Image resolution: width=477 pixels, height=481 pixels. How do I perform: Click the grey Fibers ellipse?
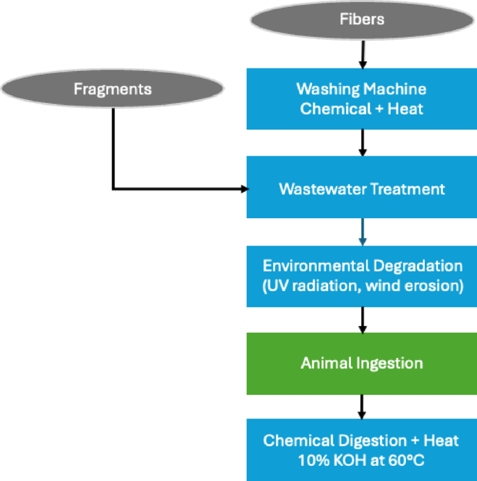(x=361, y=20)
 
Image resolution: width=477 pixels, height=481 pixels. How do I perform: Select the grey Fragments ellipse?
(x=113, y=90)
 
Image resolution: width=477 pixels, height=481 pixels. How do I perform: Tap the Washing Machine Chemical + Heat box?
(x=361, y=99)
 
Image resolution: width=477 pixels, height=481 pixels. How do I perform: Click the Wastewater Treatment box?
(x=361, y=188)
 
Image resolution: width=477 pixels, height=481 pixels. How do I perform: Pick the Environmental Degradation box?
(x=361, y=276)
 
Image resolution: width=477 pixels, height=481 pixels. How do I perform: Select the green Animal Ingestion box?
(x=361, y=363)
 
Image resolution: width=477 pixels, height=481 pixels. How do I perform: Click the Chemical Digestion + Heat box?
(x=361, y=450)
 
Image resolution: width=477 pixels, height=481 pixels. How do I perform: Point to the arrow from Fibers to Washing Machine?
(x=361, y=54)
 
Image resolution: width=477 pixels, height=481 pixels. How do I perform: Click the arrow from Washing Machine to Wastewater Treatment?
(x=361, y=142)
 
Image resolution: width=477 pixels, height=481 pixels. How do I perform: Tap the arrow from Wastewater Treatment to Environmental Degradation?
(x=361, y=231)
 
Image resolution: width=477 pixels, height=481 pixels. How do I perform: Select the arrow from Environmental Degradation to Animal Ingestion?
(x=361, y=319)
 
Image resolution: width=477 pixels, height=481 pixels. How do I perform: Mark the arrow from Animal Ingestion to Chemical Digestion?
(x=361, y=407)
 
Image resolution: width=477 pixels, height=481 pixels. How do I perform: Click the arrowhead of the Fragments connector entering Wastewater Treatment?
(x=244, y=188)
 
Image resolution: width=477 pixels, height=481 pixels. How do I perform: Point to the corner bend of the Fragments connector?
(x=113, y=188)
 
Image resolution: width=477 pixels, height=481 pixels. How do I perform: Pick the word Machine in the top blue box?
(x=399, y=90)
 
